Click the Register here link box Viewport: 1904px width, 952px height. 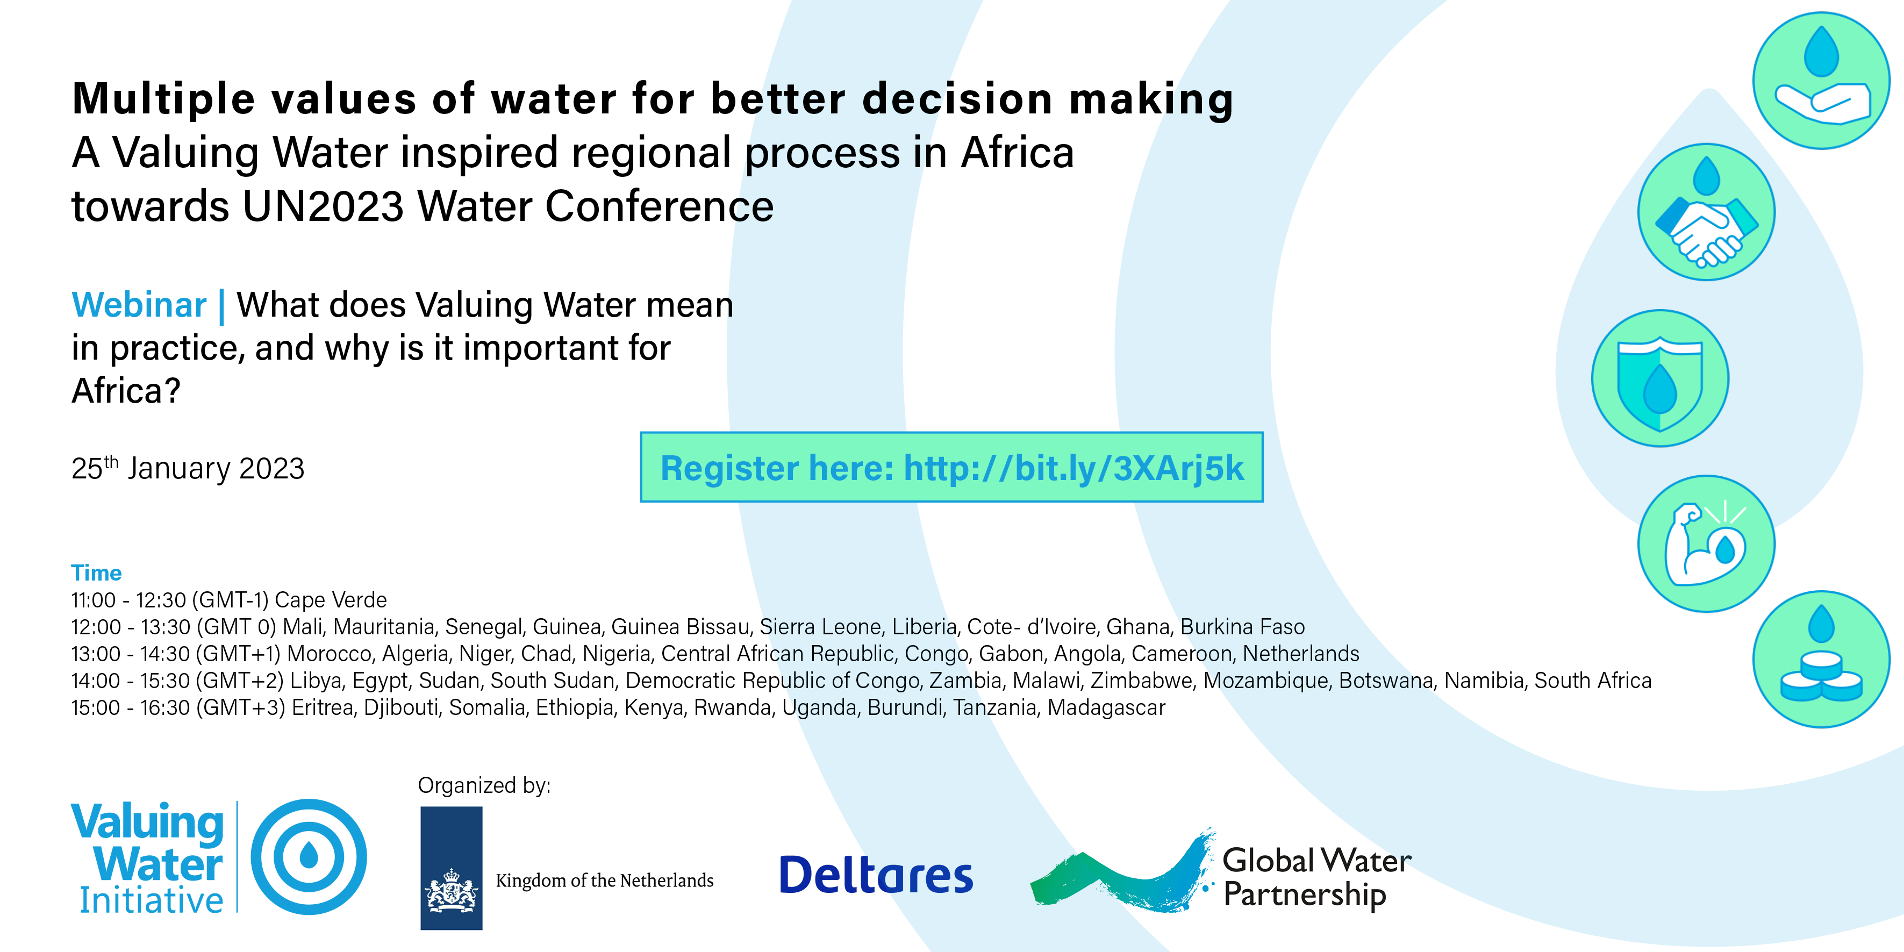(951, 467)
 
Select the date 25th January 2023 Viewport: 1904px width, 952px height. (188, 468)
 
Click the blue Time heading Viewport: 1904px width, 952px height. (96, 573)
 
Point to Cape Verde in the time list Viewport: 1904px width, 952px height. (331, 599)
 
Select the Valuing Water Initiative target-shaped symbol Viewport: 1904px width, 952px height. (309, 857)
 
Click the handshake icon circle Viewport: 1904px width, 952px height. (1706, 212)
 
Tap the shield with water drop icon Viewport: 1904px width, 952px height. (1660, 378)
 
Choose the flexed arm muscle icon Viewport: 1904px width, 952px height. (1706, 543)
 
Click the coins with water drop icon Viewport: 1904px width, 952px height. (1821, 659)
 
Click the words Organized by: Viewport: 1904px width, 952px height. (484, 785)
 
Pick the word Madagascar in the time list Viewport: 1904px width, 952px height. (1106, 707)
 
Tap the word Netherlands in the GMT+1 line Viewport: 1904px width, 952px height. (1301, 654)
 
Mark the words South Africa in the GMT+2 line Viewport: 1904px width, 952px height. (1593, 680)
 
